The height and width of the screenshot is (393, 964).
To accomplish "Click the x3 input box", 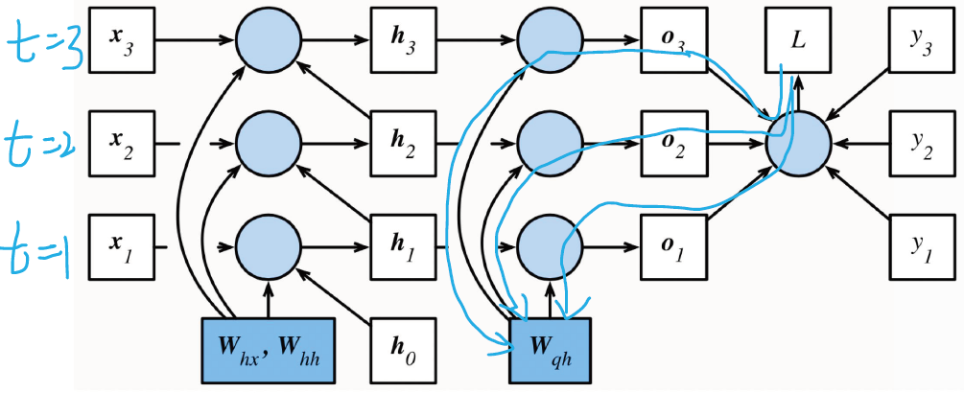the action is coord(121,40).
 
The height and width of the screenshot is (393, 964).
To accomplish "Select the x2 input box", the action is coord(121,144).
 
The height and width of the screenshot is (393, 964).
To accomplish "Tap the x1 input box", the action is coord(121,247).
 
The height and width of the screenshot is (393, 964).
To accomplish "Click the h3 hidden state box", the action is coord(404,40).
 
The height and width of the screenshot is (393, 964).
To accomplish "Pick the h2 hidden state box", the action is coord(404,144).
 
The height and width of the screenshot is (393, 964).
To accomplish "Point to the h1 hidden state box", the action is coord(404,247).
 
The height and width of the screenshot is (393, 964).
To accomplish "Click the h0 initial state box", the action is coord(404,351).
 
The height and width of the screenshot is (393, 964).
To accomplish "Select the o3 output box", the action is coord(673,40).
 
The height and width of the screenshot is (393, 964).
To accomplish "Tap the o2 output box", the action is coord(673,144).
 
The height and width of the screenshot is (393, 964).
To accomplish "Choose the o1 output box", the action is coord(673,247).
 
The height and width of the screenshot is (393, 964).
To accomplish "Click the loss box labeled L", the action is coord(798,40).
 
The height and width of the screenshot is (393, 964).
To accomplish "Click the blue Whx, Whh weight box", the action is coord(269,351).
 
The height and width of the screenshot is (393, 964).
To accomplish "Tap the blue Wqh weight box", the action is coord(551,351).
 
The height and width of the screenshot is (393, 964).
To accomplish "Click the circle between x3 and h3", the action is coord(269,40).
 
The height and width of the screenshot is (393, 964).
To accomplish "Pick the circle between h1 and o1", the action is coord(551,247).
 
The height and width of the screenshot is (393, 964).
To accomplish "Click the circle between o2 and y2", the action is coord(798,144).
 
